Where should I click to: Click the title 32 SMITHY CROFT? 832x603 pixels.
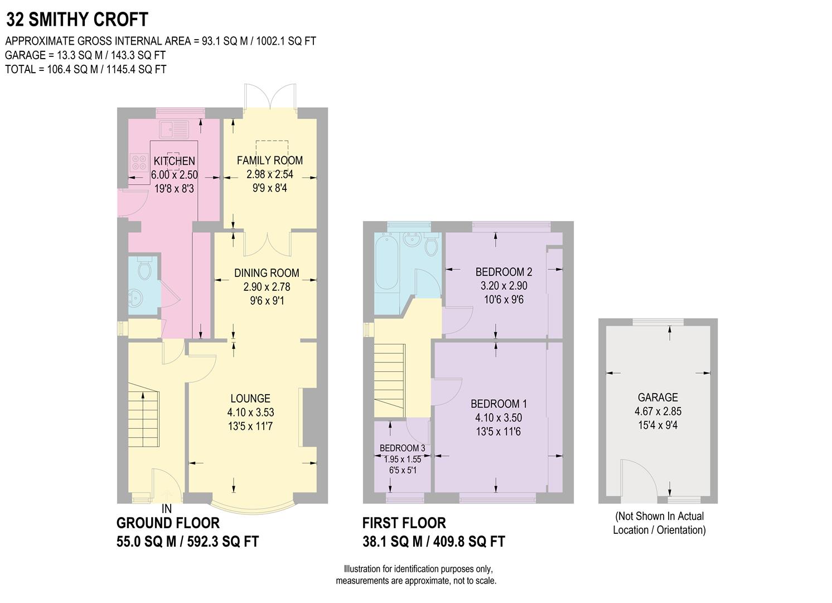point(77,20)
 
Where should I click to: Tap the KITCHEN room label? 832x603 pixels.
point(174,161)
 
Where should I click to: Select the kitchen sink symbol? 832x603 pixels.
point(174,129)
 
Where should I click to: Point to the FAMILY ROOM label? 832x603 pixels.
point(269,160)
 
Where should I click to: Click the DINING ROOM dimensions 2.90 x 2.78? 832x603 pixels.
point(267,287)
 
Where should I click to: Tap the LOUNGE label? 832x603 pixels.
point(250,398)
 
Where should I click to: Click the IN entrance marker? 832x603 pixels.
point(166,509)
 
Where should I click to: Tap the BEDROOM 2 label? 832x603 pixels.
point(504,272)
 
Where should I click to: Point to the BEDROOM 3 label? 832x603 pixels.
point(402,448)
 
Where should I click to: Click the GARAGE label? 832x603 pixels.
point(657,397)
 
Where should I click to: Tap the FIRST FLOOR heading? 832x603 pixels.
point(404,523)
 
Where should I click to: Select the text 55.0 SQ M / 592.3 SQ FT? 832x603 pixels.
point(187,542)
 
